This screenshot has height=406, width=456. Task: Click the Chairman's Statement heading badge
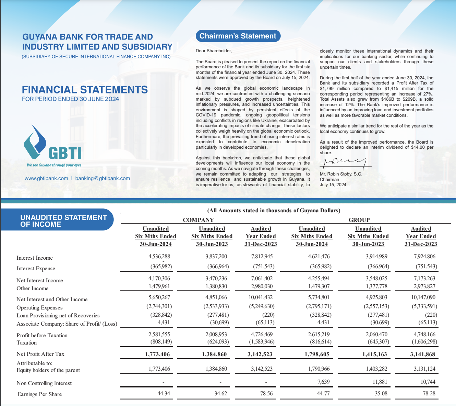[x=238, y=36]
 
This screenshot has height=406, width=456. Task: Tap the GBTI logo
[x=53, y=144]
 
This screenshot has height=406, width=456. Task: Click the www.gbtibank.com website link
[x=46, y=178]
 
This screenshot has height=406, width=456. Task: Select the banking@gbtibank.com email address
[x=103, y=178]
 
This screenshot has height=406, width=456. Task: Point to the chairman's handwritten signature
[x=344, y=162]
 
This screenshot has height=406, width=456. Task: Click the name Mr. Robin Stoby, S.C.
[x=341, y=174]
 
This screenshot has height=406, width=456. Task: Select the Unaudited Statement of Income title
[x=63, y=221]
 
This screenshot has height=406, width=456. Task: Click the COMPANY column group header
[x=198, y=220]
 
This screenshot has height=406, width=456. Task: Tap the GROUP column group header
[x=359, y=220]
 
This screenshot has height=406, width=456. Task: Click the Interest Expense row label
[x=36, y=269]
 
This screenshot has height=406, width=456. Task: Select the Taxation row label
[x=26, y=343]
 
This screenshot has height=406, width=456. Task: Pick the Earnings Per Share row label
[x=39, y=394]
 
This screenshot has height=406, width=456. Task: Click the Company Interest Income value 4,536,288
[x=159, y=257]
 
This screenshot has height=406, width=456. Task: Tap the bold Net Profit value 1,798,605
[x=317, y=354]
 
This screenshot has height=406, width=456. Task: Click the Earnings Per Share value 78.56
[x=266, y=394]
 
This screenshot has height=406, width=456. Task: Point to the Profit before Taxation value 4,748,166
[x=424, y=334]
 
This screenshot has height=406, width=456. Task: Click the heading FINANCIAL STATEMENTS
[x=85, y=90]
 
